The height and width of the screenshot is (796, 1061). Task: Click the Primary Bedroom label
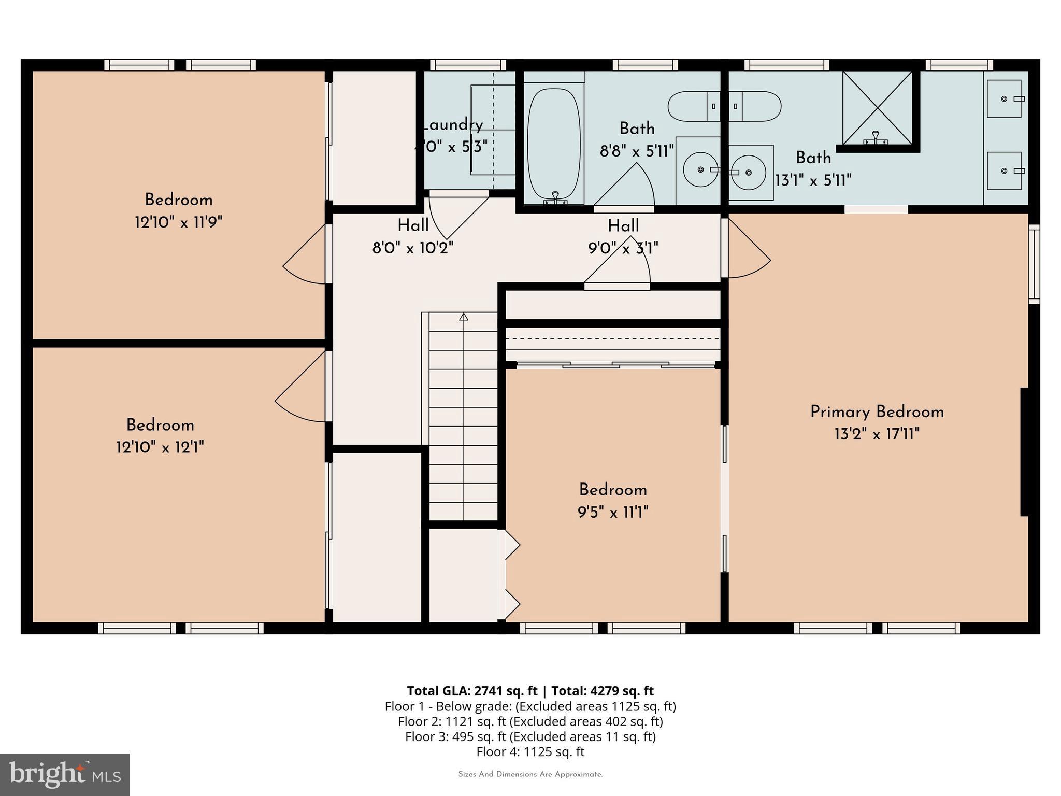pos(877,413)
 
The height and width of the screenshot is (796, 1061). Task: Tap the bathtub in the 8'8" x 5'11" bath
pos(553,145)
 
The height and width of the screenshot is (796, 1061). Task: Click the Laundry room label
pos(452,125)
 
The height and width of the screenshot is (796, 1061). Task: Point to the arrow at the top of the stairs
pos(464,316)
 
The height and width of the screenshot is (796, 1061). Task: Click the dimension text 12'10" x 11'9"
pos(179,223)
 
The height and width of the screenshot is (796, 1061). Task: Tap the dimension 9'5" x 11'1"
pos(613,513)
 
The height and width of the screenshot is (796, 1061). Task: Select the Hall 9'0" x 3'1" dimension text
pos(623,248)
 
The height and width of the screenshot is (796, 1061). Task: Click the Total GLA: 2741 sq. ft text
pos(472,691)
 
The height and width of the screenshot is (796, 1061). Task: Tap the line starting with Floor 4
pos(530,751)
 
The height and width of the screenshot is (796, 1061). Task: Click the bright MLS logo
pos(65,775)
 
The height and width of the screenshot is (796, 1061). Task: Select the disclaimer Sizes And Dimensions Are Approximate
pos(530,775)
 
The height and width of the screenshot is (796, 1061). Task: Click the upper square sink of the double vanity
pos(1005,98)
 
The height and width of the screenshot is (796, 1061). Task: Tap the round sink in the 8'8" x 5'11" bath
pos(700,169)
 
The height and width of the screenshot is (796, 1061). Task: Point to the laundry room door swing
pos(458,218)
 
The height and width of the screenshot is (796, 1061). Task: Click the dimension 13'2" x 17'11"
pos(877,434)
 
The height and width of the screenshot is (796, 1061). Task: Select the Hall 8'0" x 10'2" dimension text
pos(413,248)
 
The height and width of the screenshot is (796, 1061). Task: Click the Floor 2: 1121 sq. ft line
pos(530,721)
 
